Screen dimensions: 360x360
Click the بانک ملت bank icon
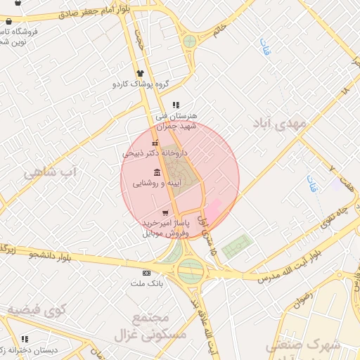[146, 273]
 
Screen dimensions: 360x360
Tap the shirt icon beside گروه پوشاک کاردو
[141, 72]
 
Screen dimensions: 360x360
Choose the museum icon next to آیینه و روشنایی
[155, 172]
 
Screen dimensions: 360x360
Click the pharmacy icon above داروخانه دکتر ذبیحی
[155, 143]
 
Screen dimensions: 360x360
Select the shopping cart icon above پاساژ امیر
[165, 212]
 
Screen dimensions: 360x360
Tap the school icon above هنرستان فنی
[185, 105]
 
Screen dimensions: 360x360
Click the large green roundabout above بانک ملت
[190, 269]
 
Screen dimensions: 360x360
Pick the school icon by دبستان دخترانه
[25, 339]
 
